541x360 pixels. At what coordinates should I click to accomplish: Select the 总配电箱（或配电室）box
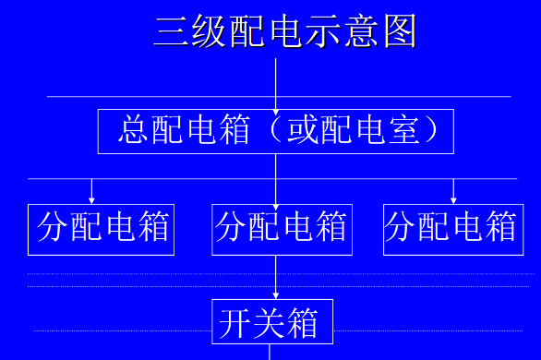tap(276, 131)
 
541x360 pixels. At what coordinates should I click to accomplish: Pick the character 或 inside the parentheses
tap(302, 130)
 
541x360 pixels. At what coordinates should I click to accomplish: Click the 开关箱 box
tap(272, 322)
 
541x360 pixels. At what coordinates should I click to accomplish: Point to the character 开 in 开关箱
tap(234, 323)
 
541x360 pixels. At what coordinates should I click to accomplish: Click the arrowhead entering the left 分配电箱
tap(91, 198)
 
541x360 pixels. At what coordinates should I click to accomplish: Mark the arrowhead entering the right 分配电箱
tap(453, 198)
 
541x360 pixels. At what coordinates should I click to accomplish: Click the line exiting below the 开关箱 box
tap(269, 352)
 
